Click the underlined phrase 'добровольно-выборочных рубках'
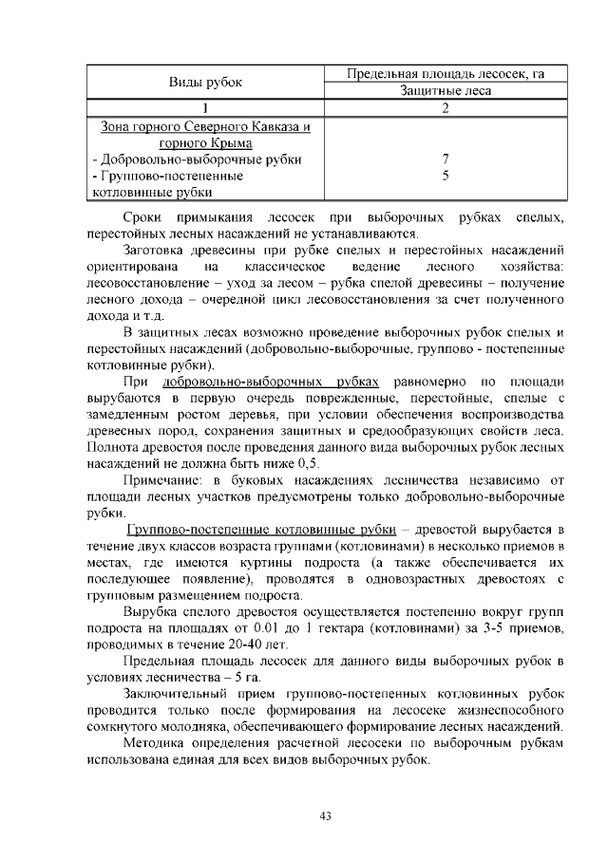[270, 382]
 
